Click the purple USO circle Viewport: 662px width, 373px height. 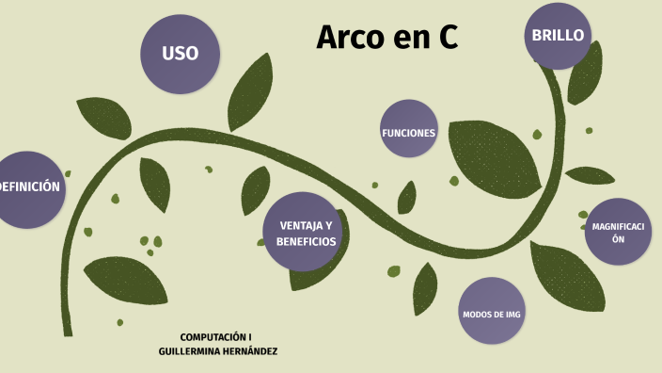(x=180, y=54)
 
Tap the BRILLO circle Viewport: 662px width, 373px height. (x=558, y=36)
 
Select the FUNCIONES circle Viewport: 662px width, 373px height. (x=408, y=133)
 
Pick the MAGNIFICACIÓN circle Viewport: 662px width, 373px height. (x=618, y=233)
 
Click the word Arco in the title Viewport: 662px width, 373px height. (x=346, y=37)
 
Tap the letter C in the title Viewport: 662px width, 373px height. (x=447, y=37)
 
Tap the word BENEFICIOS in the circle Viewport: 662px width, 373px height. (x=306, y=241)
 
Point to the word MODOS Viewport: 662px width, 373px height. (x=476, y=314)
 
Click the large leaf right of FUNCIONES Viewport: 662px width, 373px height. (x=493, y=155)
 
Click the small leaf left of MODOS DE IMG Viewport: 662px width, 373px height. (x=425, y=287)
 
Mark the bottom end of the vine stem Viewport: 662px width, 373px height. (x=68, y=332)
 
